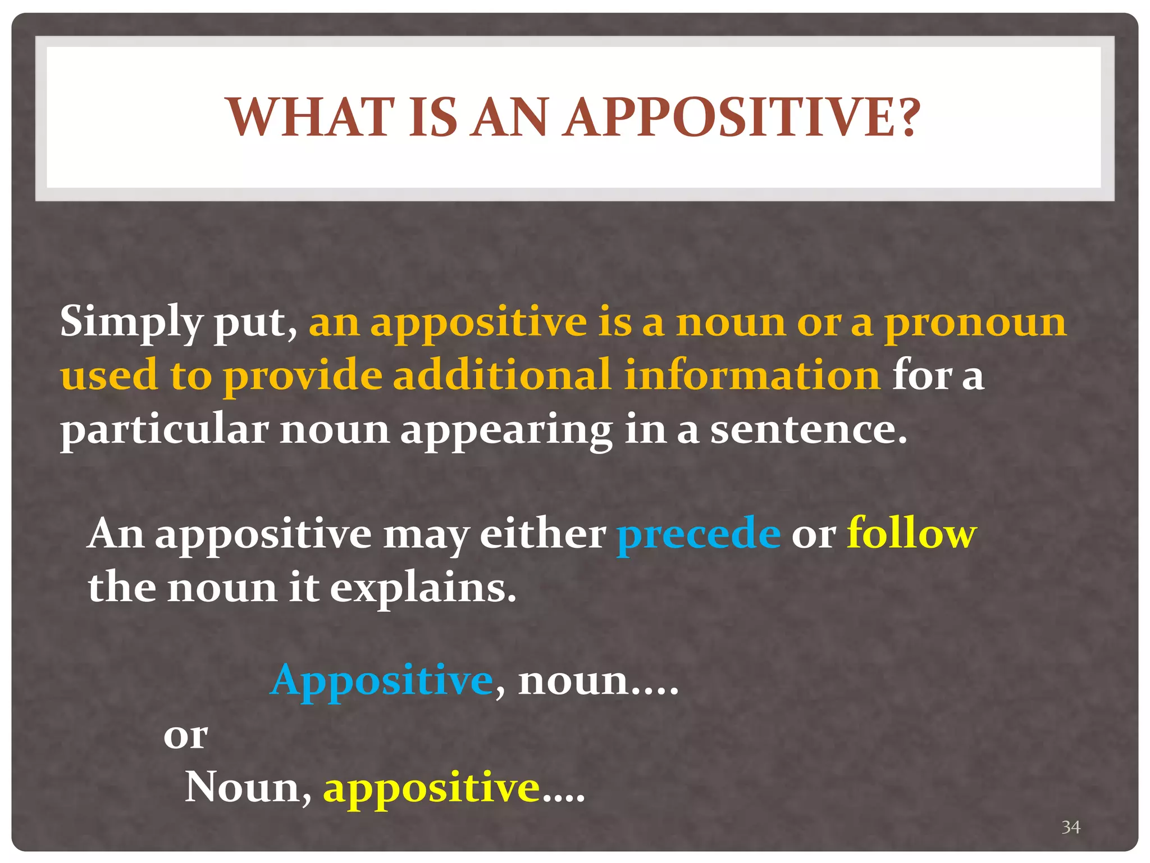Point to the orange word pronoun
975,323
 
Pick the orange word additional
501,375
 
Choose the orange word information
752,375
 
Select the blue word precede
699,533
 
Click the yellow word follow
912,533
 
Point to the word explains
423,588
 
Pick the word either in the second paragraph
542,533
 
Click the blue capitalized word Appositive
382,680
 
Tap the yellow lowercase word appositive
431,788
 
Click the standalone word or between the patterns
185,736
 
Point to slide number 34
1070,827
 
